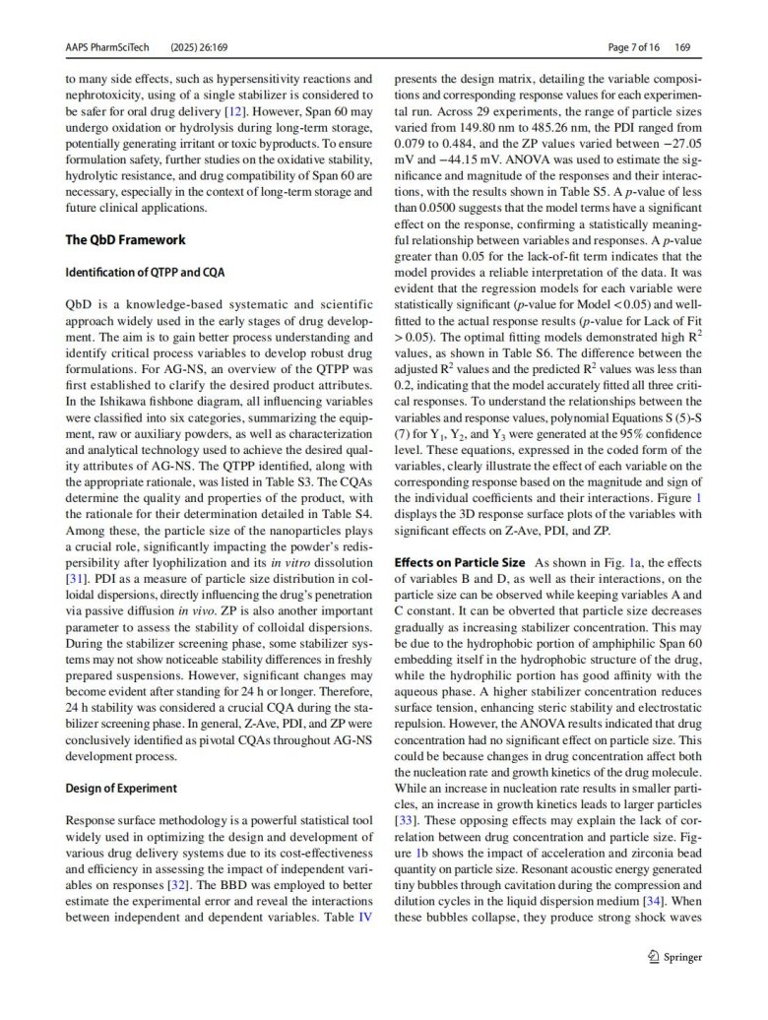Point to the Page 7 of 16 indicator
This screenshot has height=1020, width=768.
(x=635, y=46)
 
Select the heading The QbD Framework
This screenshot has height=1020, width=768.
(x=125, y=239)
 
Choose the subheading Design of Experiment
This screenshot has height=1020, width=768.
(x=121, y=788)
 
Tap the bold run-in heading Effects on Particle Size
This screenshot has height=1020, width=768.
(x=460, y=562)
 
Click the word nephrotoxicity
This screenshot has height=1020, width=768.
(x=109, y=96)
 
